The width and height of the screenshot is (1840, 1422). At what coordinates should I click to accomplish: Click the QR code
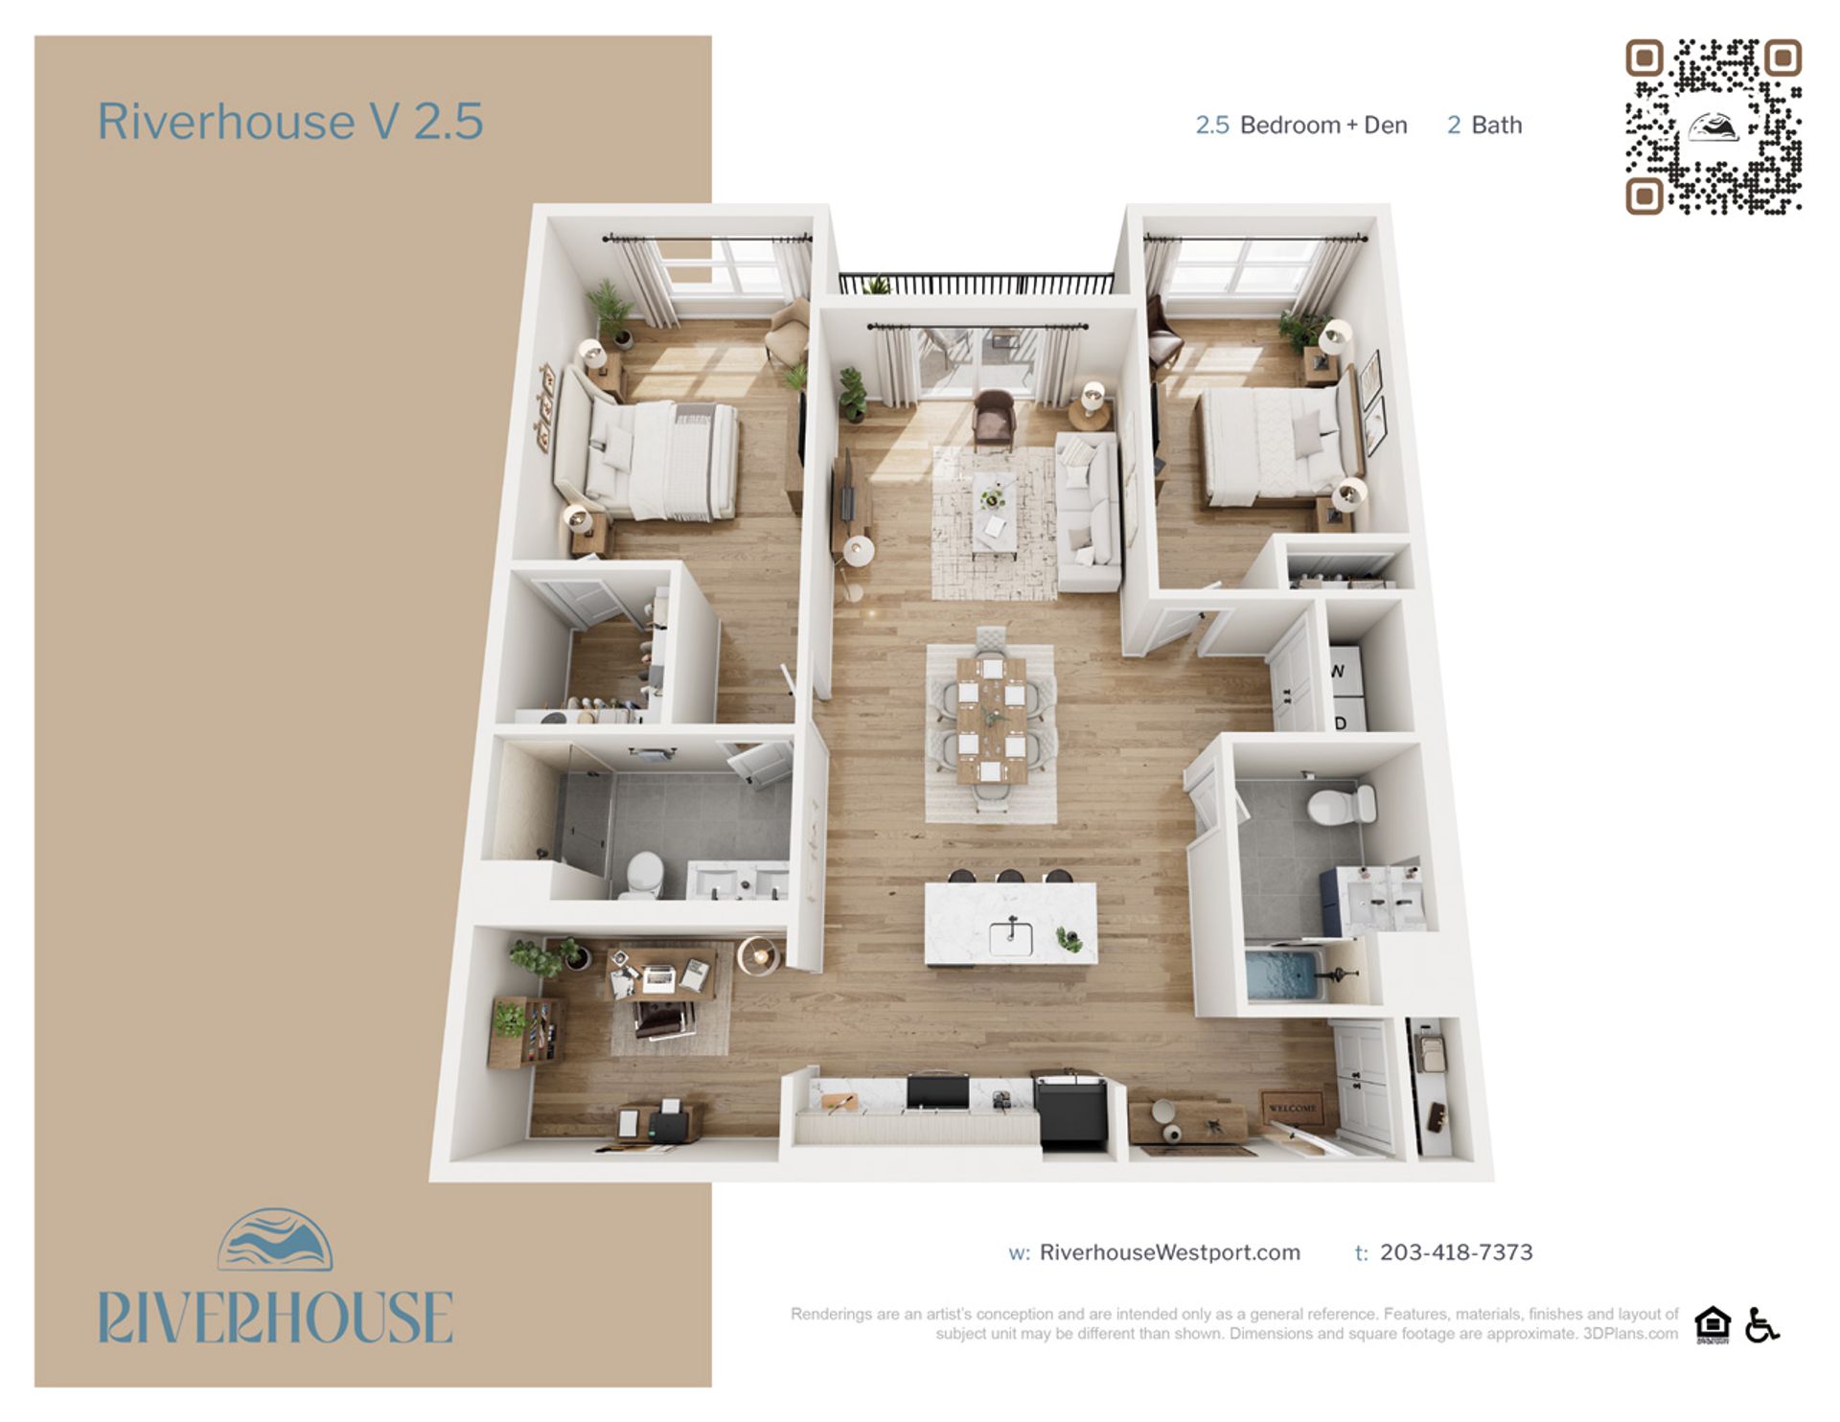coord(1713,126)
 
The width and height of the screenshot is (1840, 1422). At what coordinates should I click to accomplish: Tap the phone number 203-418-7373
coord(1456,1252)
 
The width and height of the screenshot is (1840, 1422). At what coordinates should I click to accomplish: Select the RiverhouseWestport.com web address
coord(1169,1252)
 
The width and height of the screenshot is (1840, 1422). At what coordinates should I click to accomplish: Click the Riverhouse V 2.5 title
coord(289,122)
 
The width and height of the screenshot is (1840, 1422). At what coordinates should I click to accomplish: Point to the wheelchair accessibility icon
coord(1761,1325)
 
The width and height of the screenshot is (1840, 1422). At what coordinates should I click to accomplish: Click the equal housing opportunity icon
coord(1712,1325)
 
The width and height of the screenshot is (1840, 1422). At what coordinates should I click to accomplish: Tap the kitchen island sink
coord(1010,936)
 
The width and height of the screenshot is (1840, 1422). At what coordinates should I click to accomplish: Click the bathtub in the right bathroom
coord(1284,975)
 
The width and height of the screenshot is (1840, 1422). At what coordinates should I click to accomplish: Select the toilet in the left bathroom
coord(643,874)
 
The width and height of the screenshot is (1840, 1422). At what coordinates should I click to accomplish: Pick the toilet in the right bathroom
coord(1341,805)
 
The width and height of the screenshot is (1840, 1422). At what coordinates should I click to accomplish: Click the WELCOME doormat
coord(1292,1108)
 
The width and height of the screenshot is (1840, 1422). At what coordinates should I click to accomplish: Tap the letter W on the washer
coord(1339,672)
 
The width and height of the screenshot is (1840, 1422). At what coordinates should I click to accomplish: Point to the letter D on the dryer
coord(1341,722)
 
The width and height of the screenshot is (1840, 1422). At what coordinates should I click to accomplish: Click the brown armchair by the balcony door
coord(993,417)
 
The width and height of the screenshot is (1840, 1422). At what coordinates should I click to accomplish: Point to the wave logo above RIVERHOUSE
coord(275,1240)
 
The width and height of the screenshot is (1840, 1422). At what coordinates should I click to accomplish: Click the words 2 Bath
coord(1483,126)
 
